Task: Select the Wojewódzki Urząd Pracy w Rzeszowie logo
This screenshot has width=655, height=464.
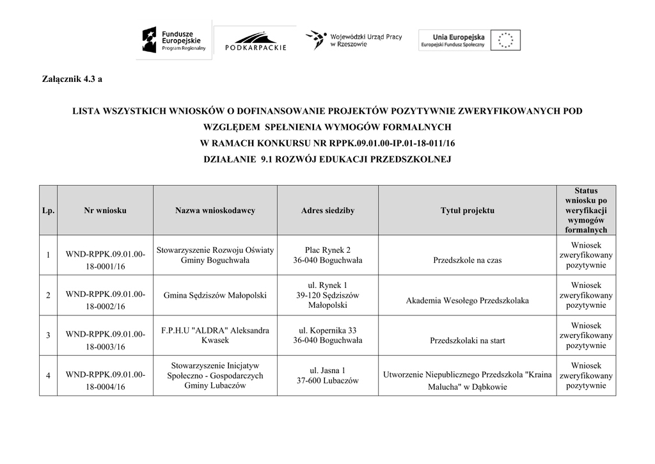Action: [353, 40]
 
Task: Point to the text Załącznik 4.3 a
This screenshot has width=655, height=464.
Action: [72, 79]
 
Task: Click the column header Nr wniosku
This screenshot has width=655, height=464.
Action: [105, 211]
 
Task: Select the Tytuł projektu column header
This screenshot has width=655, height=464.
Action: [467, 211]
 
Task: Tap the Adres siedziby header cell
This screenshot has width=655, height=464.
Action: [327, 211]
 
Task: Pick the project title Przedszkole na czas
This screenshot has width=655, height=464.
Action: [467, 260]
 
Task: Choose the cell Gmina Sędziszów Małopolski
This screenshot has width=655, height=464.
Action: [215, 295]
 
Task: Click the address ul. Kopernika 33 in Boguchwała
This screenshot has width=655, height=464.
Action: [327, 335]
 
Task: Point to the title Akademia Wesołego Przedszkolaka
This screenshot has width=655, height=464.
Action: [467, 301]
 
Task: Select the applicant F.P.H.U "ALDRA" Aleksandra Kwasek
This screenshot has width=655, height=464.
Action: [215, 335]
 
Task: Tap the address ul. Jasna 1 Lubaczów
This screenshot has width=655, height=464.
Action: [327, 375]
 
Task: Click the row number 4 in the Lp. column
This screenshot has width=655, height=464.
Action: [48, 375]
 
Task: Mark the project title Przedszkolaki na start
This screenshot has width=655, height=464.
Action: [467, 340]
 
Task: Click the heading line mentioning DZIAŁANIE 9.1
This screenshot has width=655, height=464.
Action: [327, 159]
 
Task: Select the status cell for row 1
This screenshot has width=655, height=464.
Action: [585, 255]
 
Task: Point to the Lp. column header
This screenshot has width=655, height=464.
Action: [48, 211]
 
